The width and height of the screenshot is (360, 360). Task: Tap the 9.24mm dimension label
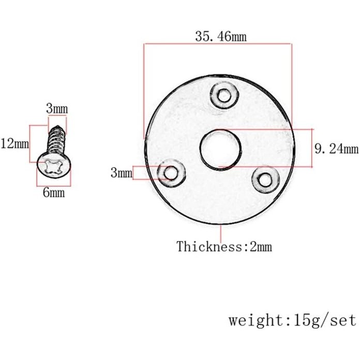[336, 149]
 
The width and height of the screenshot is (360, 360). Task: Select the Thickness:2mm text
[224, 246]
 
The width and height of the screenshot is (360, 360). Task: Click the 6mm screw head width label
[53, 193]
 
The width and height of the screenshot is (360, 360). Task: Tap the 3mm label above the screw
[57, 109]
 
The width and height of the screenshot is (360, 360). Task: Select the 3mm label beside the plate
[122, 173]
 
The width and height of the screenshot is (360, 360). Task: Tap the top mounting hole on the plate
[224, 95]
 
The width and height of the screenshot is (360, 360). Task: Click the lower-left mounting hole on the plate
[170, 173]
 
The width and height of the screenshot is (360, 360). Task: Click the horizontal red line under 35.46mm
[218, 44]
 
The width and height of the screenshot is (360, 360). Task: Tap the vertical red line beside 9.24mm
[312, 148]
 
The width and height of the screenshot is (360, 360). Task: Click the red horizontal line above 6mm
[54, 186]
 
